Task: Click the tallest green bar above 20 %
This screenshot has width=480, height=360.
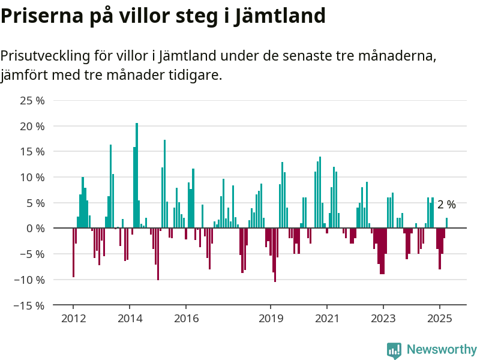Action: click(137, 175)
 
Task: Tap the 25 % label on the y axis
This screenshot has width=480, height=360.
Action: click(32, 101)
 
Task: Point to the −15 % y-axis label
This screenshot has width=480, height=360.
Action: click(29, 305)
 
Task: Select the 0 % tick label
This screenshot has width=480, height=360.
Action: click(35, 229)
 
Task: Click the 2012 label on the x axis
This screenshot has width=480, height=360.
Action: click(73, 319)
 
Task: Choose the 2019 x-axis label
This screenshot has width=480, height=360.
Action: click(271, 319)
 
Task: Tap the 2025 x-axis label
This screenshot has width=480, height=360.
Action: click(440, 319)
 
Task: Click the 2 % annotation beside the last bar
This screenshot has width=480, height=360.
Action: click(446, 205)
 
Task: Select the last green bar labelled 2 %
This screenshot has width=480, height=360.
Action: click(446, 223)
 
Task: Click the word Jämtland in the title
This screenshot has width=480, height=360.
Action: click(280, 16)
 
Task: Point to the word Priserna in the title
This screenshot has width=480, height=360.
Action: click(42, 16)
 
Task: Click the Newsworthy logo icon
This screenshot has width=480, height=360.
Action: click(394, 350)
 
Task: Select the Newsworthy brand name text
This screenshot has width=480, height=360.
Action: click(442, 349)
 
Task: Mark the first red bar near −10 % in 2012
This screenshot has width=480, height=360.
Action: click(73, 253)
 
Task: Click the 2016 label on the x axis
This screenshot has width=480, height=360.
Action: click(186, 319)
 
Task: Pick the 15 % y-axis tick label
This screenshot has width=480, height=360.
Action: click(32, 152)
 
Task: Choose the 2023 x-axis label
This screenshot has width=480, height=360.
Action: click(383, 319)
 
